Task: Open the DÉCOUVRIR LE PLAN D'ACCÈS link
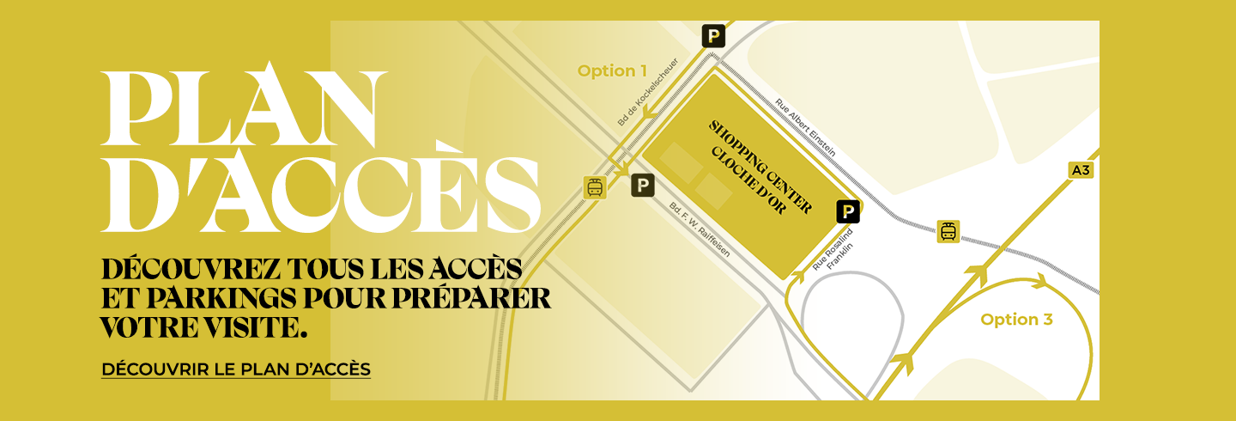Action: pos(236,369)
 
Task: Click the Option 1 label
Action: pos(612,71)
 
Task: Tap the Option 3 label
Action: pos(1016,320)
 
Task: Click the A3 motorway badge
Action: pos(1081,171)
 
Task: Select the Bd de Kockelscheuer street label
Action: pos(648,93)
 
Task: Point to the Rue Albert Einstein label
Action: pos(804,127)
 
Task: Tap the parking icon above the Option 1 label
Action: pos(713,36)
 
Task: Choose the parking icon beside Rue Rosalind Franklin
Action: pos(847,211)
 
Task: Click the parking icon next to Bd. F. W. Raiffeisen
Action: pos(643,185)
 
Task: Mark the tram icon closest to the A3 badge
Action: pos(948,231)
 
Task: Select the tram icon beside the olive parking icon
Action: pos(595,187)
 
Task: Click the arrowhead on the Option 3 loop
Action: pos(1039,280)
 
